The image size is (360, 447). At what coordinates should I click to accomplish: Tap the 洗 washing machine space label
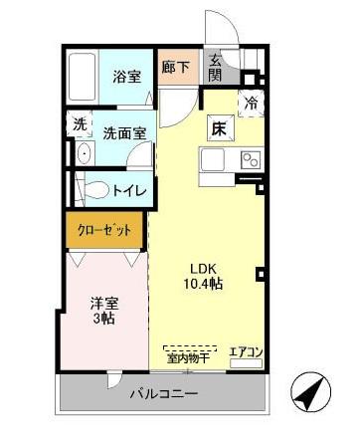pyautogui.click(x=79, y=125)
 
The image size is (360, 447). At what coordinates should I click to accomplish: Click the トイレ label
pyautogui.click(x=129, y=190)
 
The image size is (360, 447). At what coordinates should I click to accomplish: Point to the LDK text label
pyautogui.click(x=204, y=267)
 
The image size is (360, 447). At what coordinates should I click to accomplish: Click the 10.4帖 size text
pyautogui.click(x=204, y=284)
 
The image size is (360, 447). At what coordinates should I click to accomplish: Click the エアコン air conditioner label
pyautogui.click(x=245, y=351)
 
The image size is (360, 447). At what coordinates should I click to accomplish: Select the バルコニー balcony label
pyautogui.click(x=164, y=394)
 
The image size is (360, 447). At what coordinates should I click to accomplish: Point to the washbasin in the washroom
pyautogui.click(x=82, y=154)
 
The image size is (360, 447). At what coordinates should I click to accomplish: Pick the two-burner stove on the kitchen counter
pyautogui.click(x=247, y=158)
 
